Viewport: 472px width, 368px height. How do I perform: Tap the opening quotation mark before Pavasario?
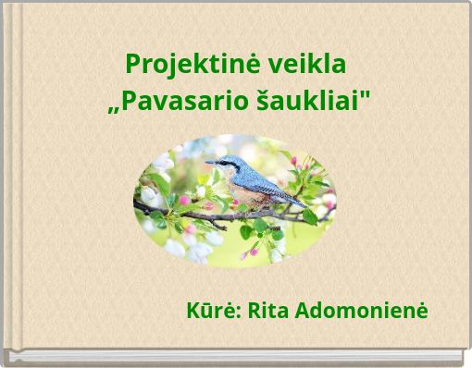click(x=114, y=105)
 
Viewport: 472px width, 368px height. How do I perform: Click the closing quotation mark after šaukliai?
click(x=372, y=93)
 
